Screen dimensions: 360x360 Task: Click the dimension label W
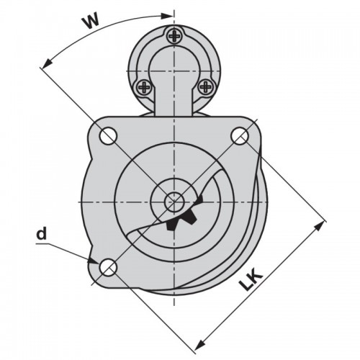coord(91,22)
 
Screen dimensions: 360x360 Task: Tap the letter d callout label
coord(41,233)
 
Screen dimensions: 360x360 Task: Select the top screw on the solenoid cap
coord(174,36)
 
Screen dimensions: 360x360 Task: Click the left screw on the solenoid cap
coord(144,86)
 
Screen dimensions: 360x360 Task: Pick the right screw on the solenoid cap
coord(205,86)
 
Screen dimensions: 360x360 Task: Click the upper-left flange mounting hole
coord(108,136)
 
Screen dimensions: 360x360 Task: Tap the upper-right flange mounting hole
coord(240,136)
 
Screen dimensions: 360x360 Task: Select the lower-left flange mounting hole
coord(108,267)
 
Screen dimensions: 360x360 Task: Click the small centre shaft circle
coord(174,202)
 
